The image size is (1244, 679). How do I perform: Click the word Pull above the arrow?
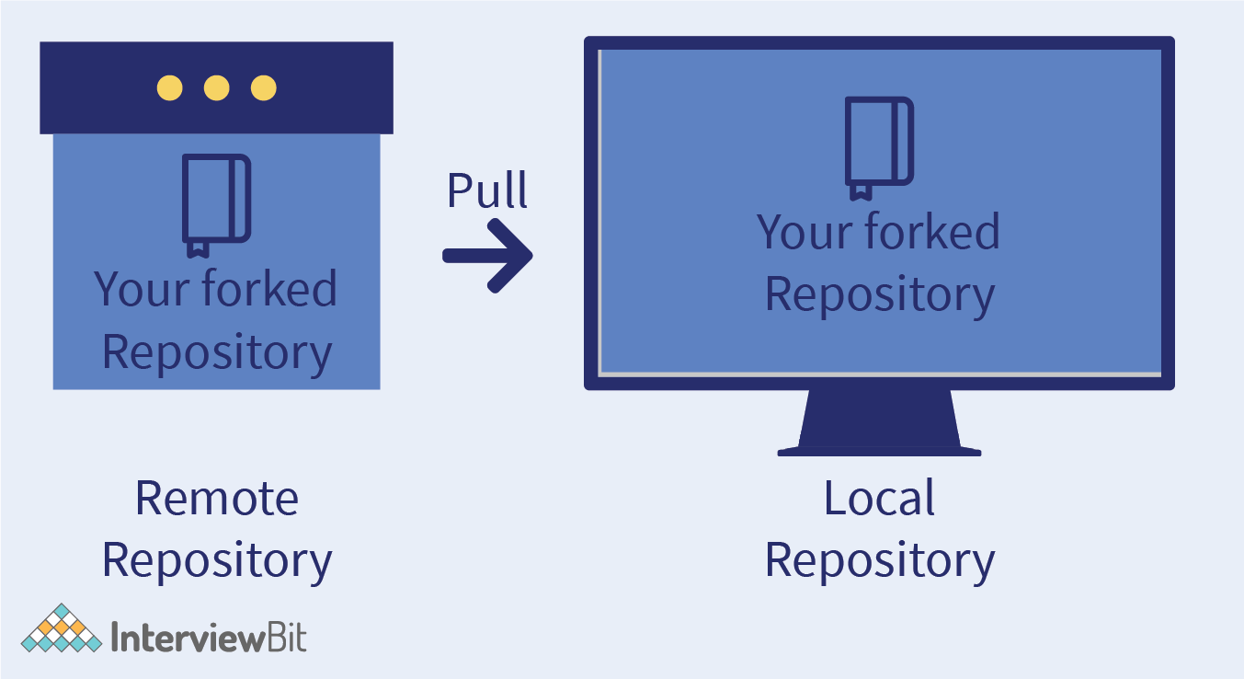pyautogui.click(x=487, y=190)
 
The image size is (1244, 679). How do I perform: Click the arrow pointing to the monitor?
pyautogui.click(x=487, y=256)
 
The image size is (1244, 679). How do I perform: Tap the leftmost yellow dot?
pyautogui.click(x=169, y=88)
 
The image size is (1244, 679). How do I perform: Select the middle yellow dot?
pyautogui.click(x=216, y=88)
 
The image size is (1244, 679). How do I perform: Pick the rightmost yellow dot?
pyautogui.click(x=264, y=88)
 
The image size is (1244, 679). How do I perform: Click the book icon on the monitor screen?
pyautogui.click(x=879, y=147)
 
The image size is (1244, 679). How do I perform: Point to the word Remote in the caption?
pyautogui.click(x=216, y=498)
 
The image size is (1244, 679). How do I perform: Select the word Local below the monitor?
pyautogui.click(x=879, y=498)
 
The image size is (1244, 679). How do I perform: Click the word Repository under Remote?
pyautogui.click(x=216, y=559)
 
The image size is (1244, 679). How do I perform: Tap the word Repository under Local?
pyautogui.click(x=879, y=559)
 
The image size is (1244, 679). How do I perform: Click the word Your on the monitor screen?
pyautogui.click(x=800, y=233)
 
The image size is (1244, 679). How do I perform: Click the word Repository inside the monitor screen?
pyautogui.click(x=879, y=294)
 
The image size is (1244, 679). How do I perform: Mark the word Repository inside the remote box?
pyautogui.click(x=216, y=351)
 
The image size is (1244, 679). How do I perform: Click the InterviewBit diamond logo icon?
pyautogui.click(x=62, y=629)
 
